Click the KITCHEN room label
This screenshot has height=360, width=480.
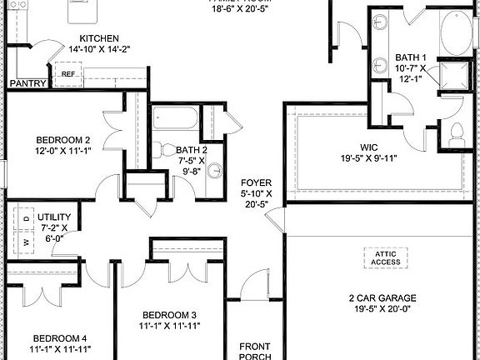tap(98, 38)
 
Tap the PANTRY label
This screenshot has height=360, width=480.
tap(27, 83)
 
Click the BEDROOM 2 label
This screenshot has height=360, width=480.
tap(62, 139)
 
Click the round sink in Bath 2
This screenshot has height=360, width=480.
tap(215, 171)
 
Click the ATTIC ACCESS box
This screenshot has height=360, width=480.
tap(385, 257)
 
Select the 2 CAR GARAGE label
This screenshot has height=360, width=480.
tap(382, 297)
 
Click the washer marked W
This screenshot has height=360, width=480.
tap(25, 242)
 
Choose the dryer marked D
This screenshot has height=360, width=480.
tap(25, 218)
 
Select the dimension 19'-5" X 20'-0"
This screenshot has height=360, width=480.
tap(382, 309)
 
